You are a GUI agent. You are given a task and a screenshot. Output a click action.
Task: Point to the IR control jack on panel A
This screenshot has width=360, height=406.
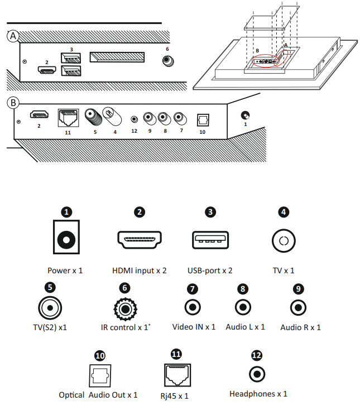click(x=166, y=61)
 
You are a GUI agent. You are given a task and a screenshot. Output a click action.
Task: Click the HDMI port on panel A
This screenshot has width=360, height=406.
click(x=46, y=71)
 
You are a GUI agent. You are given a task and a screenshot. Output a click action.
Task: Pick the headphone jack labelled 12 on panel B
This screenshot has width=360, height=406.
click(x=135, y=118)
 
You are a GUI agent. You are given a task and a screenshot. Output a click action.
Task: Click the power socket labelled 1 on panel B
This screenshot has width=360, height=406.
click(x=244, y=115)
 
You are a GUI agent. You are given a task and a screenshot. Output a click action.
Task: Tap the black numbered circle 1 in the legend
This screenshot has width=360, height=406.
click(x=67, y=212)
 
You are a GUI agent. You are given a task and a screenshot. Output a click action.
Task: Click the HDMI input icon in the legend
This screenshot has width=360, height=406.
click(x=140, y=240)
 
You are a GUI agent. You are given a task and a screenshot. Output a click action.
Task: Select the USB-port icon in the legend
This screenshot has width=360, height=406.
click(x=210, y=240)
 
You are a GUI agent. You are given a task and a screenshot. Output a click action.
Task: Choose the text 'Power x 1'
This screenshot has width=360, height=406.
click(x=65, y=270)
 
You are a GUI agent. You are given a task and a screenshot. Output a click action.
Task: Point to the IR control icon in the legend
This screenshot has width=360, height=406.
click(x=123, y=308)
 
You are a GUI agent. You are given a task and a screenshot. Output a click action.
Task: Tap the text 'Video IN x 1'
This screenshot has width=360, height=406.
click(x=194, y=327)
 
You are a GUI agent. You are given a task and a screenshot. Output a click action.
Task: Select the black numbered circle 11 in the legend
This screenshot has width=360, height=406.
click(x=177, y=354)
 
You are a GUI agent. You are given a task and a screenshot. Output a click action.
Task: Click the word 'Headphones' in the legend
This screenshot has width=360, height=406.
click(x=252, y=394)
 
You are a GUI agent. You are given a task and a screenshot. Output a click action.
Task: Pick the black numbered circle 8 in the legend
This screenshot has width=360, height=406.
click(x=242, y=288)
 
